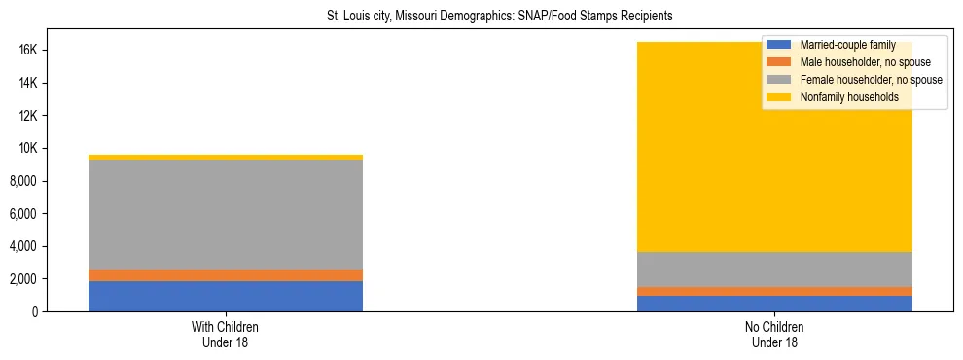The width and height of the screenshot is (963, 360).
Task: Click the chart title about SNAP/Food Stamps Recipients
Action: click(500, 17)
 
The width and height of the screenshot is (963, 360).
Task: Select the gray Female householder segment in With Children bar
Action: click(226, 214)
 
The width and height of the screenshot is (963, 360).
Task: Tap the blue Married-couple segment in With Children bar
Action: click(226, 296)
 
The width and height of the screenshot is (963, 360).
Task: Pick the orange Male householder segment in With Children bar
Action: click(226, 275)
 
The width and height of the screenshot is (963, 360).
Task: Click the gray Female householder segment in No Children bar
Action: click(774, 270)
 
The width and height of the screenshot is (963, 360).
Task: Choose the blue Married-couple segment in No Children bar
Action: click(774, 304)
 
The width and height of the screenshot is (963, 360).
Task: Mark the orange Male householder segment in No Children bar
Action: click(774, 291)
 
